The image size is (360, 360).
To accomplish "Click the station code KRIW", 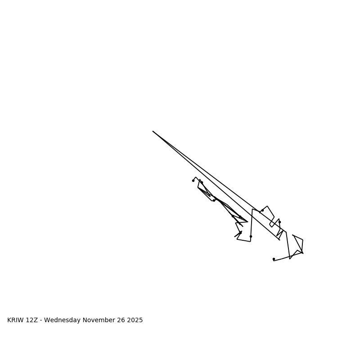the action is [16, 320].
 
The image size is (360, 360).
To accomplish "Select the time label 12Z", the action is [33, 320].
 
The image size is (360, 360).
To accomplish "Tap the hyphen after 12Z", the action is [41, 320].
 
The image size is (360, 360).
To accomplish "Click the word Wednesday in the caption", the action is [63, 320].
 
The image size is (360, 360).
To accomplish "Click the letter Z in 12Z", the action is [36, 320].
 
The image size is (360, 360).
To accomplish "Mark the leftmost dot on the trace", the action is [193, 180].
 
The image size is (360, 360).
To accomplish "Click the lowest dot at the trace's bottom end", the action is [274, 259].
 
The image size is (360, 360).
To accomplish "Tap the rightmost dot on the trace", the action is [279, 222].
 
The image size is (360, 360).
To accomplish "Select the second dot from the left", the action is [202, 182].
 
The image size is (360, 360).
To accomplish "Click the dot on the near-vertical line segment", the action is [251, 236].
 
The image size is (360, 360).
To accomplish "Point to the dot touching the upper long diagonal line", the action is [262, 210].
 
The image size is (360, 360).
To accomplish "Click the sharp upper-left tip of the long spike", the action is [153, 131].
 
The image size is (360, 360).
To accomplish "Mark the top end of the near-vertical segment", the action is [252, 209].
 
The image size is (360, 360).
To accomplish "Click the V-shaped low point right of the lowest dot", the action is [290, 259].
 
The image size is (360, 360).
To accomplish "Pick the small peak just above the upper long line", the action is [267, 206].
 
